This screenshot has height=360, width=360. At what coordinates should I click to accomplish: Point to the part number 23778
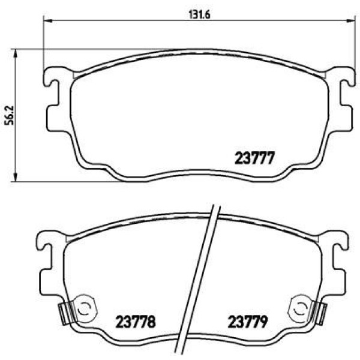tap(136, 322)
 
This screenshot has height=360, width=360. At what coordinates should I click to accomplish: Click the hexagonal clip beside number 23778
tap(84, 310)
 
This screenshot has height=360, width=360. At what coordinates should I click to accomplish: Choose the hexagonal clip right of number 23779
tap(298, 310)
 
